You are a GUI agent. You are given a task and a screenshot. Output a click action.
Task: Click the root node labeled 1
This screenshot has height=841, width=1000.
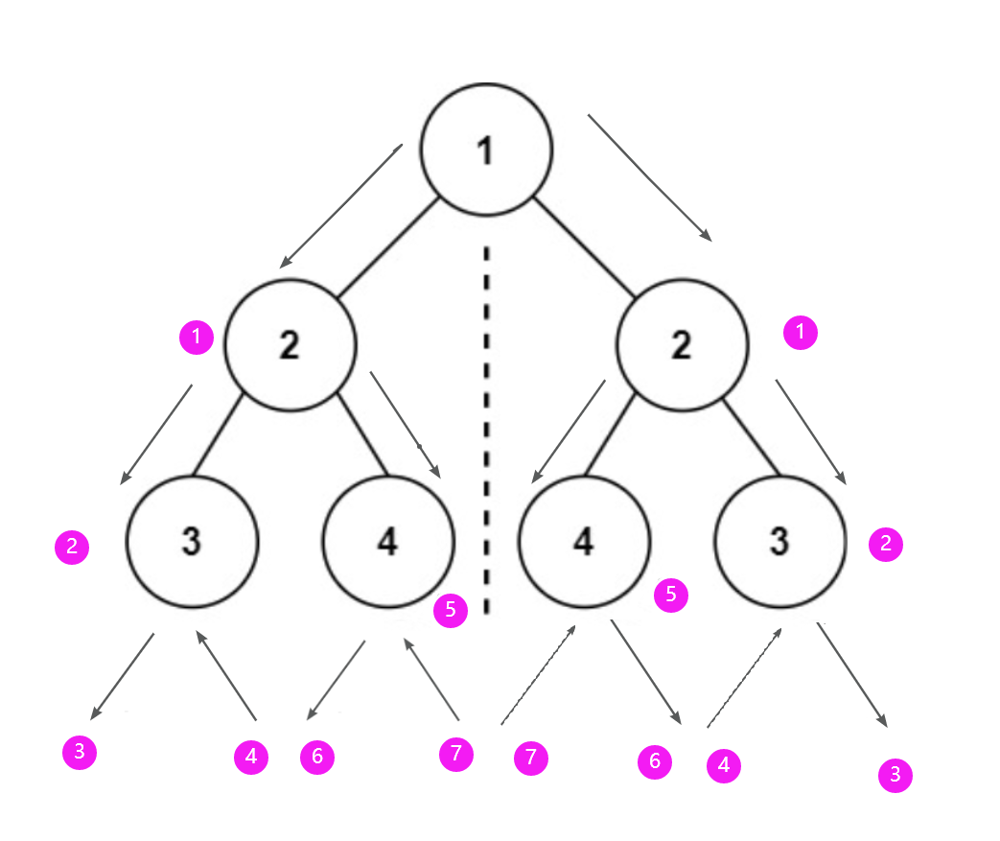487,151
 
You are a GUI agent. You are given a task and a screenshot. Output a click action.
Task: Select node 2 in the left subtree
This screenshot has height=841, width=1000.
290,345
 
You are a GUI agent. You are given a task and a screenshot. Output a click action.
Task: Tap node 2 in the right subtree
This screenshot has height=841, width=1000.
682,345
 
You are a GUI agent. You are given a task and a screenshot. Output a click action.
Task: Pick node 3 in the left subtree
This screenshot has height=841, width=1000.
193,542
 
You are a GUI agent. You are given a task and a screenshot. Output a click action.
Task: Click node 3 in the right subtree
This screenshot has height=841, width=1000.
780,542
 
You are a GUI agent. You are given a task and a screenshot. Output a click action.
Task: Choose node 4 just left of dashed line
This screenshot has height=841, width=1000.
387,542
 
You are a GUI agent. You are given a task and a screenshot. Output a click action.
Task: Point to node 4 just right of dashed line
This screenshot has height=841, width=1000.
583,542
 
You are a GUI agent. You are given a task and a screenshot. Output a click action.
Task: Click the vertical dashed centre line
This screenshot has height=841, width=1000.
487,432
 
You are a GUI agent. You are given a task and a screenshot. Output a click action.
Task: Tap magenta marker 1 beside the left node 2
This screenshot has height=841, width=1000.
197,337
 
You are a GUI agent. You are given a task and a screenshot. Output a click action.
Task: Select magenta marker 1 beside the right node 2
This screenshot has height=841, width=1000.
801,333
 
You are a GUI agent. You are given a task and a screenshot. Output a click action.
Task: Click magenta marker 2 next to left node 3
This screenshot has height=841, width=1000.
72,549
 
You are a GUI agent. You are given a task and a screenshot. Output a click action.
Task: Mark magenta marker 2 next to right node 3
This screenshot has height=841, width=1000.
885,545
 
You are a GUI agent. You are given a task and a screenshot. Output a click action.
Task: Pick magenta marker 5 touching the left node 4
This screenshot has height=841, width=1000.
451,609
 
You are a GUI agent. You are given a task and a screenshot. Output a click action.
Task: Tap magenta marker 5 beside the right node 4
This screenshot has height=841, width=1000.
670,595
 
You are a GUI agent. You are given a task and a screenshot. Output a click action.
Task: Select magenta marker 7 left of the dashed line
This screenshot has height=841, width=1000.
456,755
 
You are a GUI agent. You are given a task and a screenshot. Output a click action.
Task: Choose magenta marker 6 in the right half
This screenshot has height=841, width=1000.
655,761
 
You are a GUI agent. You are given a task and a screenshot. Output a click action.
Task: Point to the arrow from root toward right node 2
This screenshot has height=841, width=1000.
650,176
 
